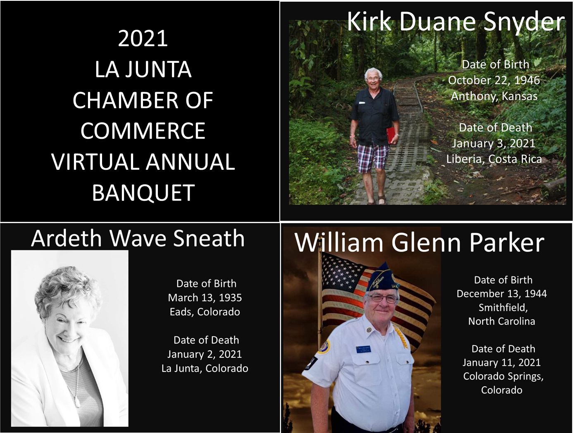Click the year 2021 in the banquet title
pyautogui.click(x=143, y=38)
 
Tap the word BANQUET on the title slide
pyautogui.click(x=143, y=193)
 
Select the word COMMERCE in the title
pyautogui.click(x=143, y=131)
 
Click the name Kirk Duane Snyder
pyautogui.click(x=455, y=21)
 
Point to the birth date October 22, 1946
pyautogui.click(x=494, y=80)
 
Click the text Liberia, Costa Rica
pyautogui.click(x=494, y=159)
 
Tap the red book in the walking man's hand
pyautogui.click(x=391, y=136)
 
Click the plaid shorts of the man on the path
pyautogui.click(x=373, y=158)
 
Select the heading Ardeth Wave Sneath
pyautogui.click(x=138, y=238)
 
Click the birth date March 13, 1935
pyautogui.click(x=205, y=298)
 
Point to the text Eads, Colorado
pyautogui.click(x=205, y=312)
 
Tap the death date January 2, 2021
pyautogui.click(x=205, y=354)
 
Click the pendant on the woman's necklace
pyautogui.click(x=77, y=402)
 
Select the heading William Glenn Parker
pyautogui.click(x=419, y=243)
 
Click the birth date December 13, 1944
pyautogui.click(x=502, y=294)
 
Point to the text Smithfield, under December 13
pyautogui.click(x=503, y=307)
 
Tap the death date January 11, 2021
pyautogui.click(x=502, y=363)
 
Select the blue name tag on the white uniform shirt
pyautogui.click(x=363, y=350)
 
